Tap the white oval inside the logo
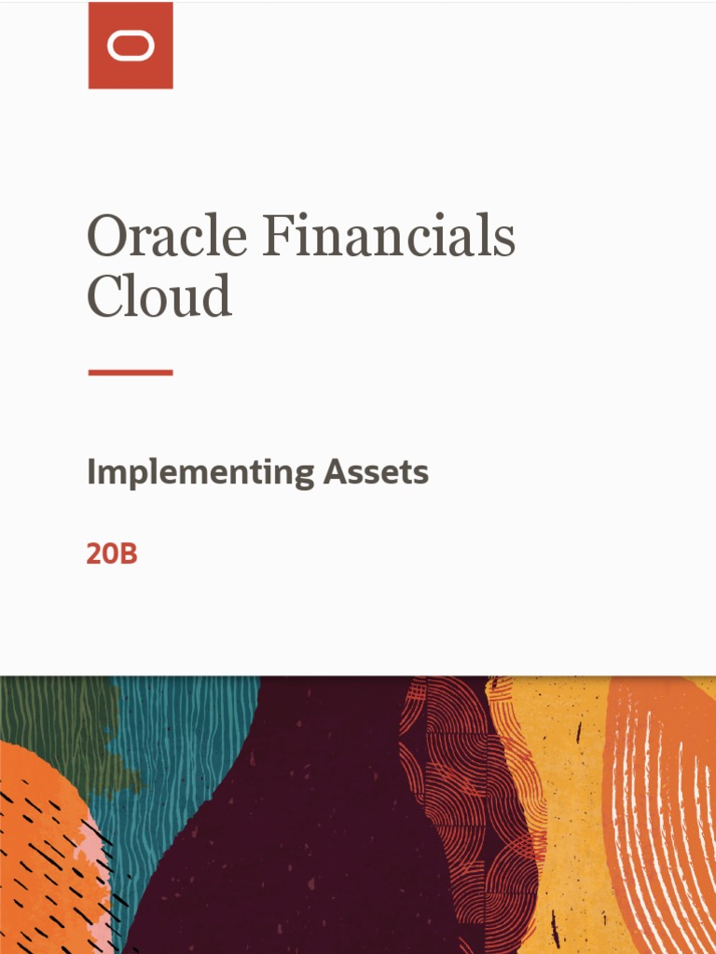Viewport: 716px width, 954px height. click(131, 46)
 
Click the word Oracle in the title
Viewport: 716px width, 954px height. click(167, 237)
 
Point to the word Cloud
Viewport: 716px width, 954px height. click(159, 296)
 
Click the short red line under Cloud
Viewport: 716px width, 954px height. click(131, 373)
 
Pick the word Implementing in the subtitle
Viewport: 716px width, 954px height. click(200, 473)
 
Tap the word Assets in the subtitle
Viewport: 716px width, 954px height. click(376, 472)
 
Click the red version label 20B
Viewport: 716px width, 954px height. click(112, 554)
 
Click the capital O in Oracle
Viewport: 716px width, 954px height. click(107, 237)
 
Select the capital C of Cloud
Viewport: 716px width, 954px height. click(105, 296)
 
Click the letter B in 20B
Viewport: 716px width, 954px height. click(129, 554)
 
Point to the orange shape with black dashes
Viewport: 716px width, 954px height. click(47, 838)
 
